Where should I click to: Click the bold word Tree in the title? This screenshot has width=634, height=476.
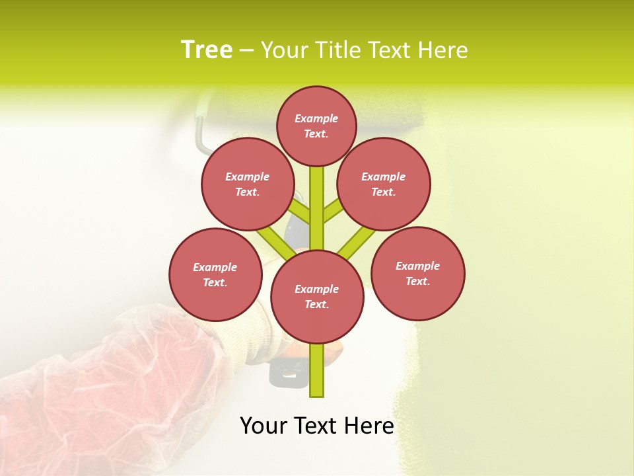coord(206,50)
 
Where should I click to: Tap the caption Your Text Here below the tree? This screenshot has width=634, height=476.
coord(316,425)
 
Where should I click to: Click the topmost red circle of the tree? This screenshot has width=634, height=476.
coord(316,126)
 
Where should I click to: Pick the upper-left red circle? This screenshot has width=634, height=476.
coord(247,184)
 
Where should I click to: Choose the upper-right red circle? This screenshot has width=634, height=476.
coord(384,184)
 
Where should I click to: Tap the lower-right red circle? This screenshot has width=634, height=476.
coord(418,274)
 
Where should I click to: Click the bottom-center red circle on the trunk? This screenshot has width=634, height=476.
coord(317,297)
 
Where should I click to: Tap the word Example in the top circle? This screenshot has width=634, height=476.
coord(316,118)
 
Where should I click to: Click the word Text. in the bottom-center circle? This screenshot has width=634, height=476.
coord(316,305)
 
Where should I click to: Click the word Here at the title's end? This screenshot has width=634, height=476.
coord(445,50)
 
